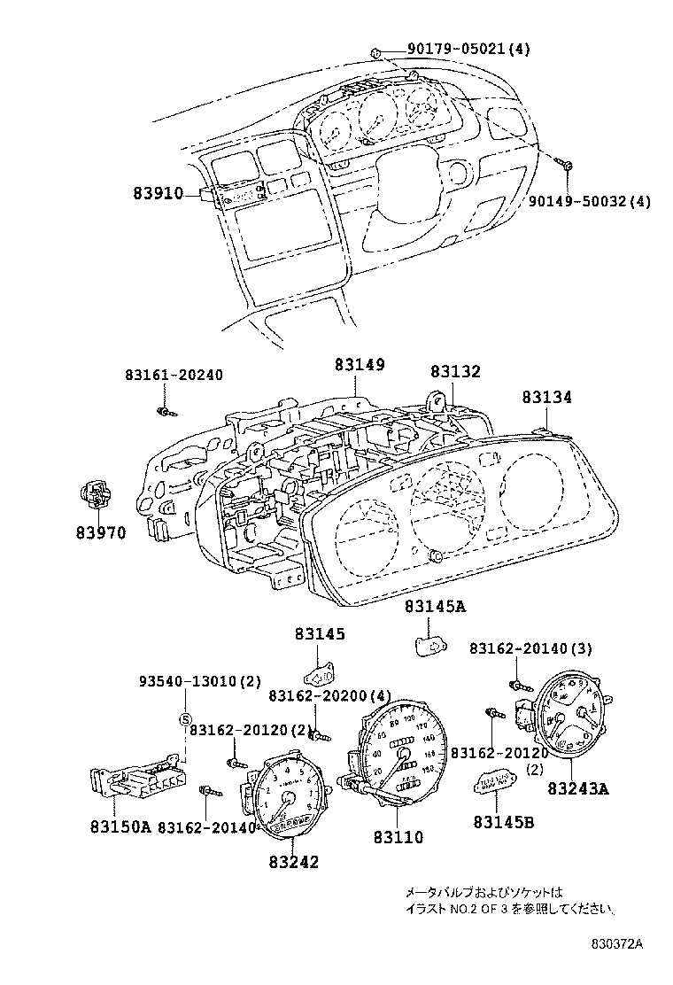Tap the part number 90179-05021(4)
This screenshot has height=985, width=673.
(x=468, y=50)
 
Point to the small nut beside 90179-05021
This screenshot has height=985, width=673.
(x=376, y=51)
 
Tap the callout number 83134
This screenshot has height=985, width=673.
(x=545, y=399)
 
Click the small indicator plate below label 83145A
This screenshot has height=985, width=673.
(x=430, y=645)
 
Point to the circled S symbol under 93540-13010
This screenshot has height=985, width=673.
(x=186, y=718)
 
